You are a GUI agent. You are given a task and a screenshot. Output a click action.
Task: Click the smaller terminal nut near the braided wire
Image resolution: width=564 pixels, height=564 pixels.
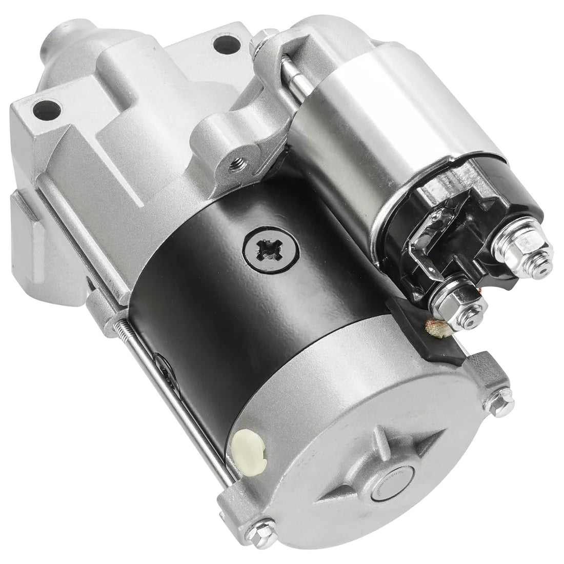(450, 303)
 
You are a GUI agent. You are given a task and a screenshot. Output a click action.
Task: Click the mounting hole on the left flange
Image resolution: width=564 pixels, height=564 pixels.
(46, 109)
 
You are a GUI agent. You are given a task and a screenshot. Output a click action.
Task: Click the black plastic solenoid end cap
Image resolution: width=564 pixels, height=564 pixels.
(461, 215)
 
